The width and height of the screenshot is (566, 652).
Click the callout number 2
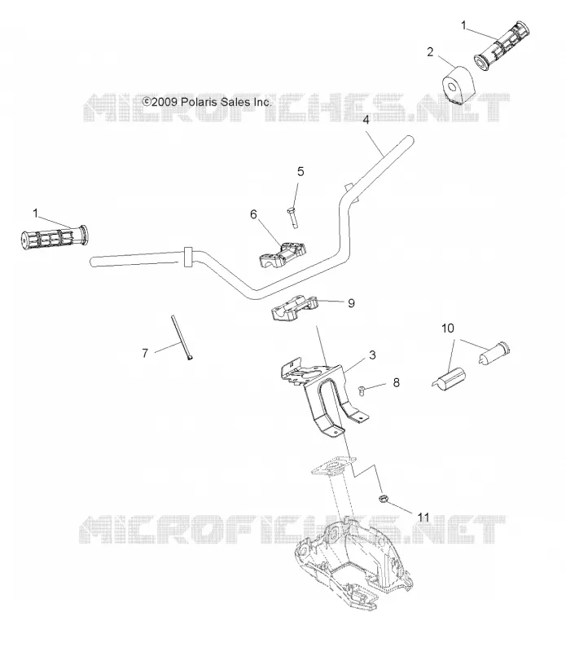pos(430,52)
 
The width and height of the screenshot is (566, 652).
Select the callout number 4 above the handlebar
pos(366,120)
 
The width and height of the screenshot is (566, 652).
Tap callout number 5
pos(301,171)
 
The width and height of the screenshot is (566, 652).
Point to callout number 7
pos(145,353)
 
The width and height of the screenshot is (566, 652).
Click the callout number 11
pos(423,517)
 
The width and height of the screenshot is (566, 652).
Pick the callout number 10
pos(448,328)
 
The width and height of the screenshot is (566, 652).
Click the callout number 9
pos(351,303)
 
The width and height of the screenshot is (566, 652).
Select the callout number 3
pos(372,355)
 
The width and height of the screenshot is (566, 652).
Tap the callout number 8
pos(396,382)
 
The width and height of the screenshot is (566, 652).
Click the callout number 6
pos(253,214)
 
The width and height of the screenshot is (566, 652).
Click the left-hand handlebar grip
pos(54,238)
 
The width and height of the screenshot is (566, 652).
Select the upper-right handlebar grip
pos(502,45)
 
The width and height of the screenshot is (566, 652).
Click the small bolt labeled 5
pos(292,217)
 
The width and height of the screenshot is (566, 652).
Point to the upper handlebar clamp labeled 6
pos(283,255)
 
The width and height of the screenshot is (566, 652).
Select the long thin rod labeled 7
pos(182,337)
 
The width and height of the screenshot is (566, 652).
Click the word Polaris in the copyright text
pos(200,102)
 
